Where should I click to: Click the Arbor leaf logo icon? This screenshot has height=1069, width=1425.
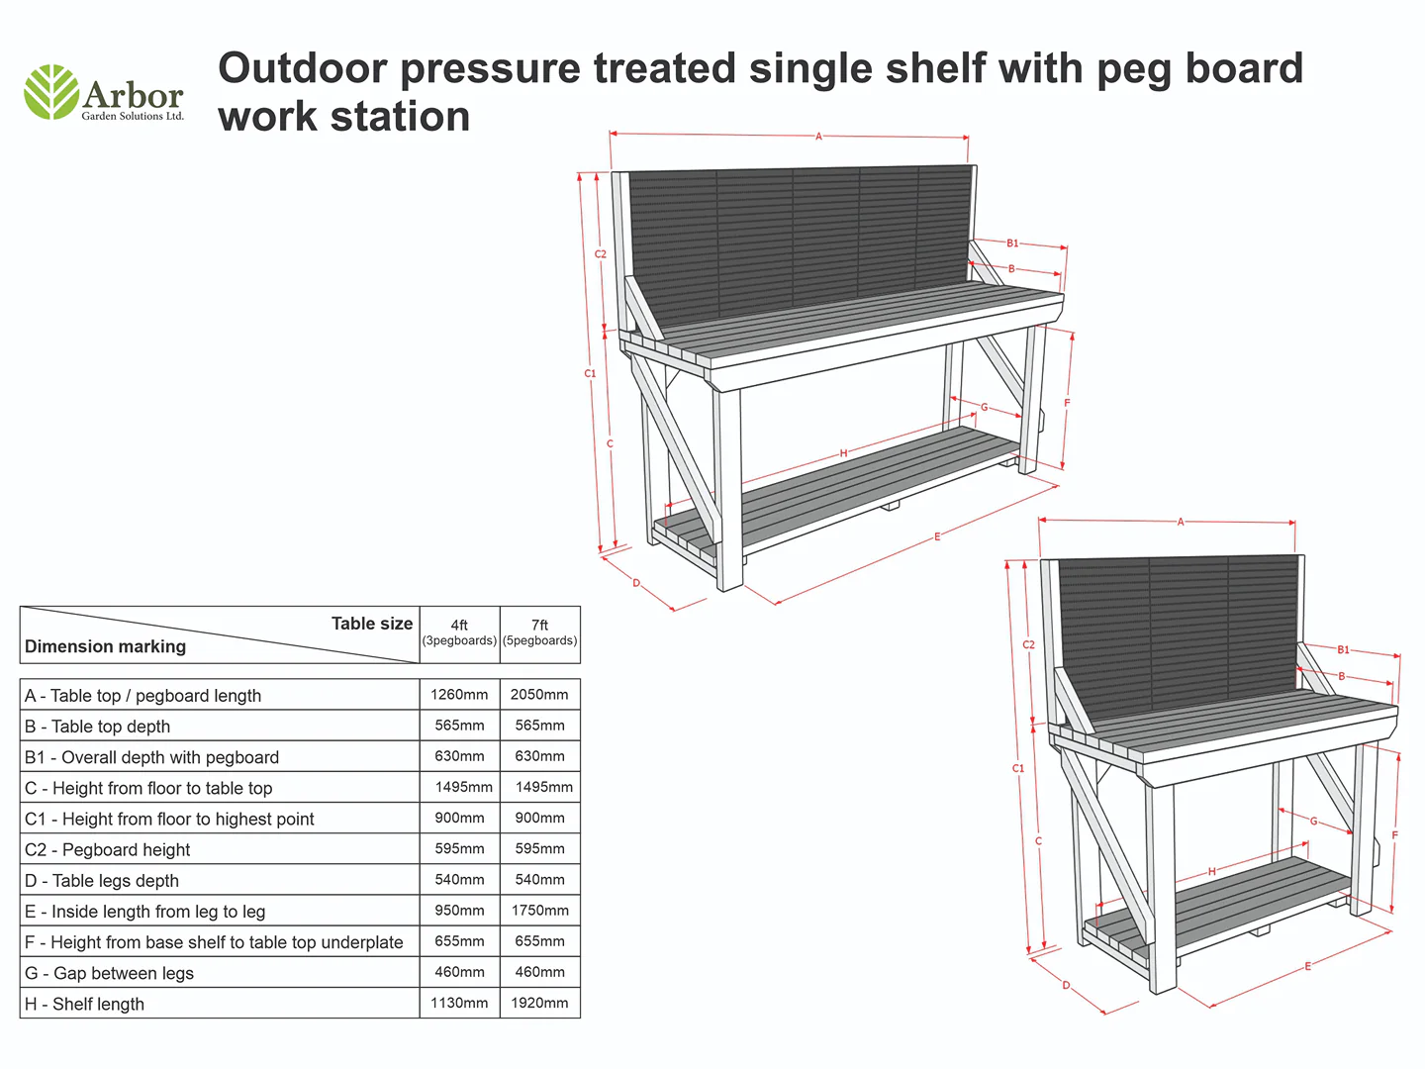coord(51,91)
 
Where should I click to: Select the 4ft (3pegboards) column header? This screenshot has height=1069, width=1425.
coord(459,632)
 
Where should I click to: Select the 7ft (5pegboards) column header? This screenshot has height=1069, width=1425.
coord(539,632)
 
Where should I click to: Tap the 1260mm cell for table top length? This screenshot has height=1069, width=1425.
coord(459,695)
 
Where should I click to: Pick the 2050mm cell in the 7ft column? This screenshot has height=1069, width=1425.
coord(539,695)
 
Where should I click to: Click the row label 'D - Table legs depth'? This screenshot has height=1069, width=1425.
coord(101,881)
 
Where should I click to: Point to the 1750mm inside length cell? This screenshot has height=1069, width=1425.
coord(539,910)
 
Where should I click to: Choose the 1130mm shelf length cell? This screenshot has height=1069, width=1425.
coord(459,1003)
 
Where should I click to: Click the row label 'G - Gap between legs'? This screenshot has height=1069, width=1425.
coord(109,974)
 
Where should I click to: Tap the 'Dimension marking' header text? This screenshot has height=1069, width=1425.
coord(105,646)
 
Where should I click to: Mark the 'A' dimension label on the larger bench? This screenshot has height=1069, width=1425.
coord(818,137)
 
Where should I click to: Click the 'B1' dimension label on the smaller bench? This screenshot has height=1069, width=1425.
coord(1343,649)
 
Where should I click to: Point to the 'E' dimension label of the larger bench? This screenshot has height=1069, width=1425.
coord(937,536)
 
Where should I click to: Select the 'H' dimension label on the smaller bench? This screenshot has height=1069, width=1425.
coord(1211,872)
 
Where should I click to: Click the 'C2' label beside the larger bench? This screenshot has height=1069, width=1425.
coord(601,253)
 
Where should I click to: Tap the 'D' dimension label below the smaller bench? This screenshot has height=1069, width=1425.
coord(1066,985)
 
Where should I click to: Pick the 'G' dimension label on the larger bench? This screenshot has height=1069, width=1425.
coord(985,407)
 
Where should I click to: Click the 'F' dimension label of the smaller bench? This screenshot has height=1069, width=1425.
coord(1394,834)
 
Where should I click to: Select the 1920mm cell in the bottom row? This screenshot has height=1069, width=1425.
coord(539,1003)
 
